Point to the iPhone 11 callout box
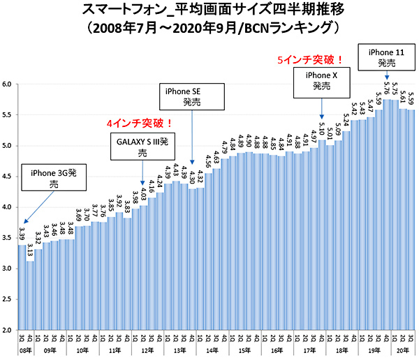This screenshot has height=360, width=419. click(x=386, y=57)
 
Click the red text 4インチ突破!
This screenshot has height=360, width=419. click(x=140, y=123)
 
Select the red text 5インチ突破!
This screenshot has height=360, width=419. click(x=310, y=59)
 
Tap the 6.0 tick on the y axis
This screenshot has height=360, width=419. click(x=8, y=84)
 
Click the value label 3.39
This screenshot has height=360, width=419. click(x=22, y=234)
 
